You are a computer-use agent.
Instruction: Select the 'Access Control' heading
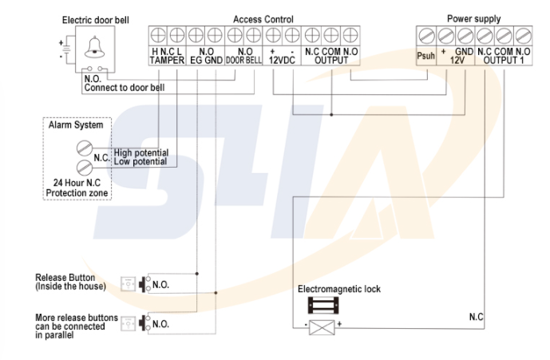tap(263, 19)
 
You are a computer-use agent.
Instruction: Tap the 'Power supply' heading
tap(474, 19)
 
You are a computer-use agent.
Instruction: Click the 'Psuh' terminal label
tap(425, 57)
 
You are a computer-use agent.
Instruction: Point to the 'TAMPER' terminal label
tap(167, 60)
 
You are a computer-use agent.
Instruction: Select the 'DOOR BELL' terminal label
tap(243, 60)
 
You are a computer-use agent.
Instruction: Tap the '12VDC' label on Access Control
tap(282, 60)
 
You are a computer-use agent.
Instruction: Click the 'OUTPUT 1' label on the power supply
tap(504, 60)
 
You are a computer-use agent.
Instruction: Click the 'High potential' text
tap(140, 152)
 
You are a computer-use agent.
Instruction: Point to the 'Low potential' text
tap(140, 161)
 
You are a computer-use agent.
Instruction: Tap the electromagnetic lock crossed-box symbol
tap(324, 326)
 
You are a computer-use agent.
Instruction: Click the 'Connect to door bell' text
tap(124, 86)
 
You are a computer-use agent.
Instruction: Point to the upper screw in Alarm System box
tap(84, 148)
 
